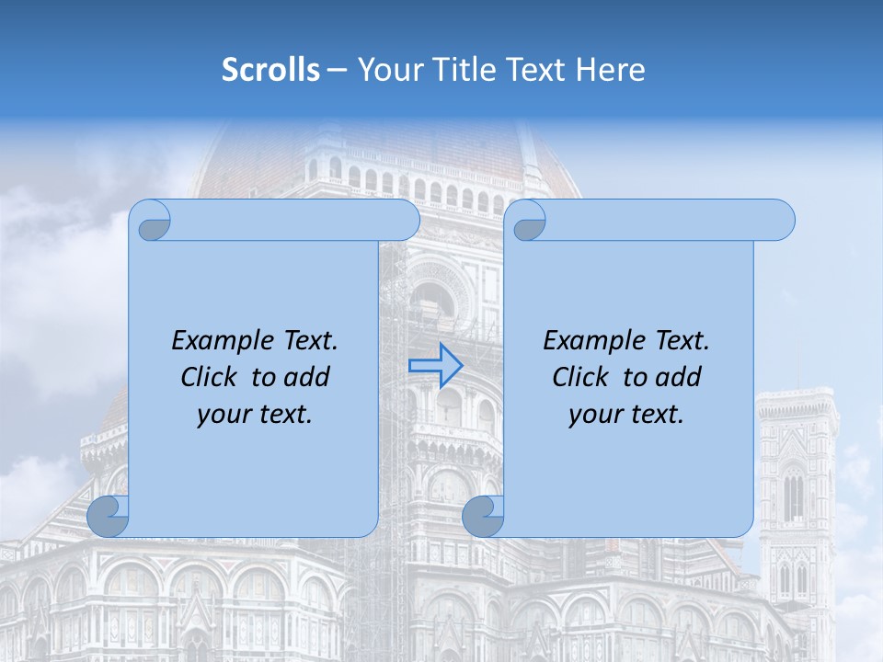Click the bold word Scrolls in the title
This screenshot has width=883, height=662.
tap(270, 69)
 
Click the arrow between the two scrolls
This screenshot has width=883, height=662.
tap(435, 366)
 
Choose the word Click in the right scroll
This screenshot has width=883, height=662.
tap(581, 377)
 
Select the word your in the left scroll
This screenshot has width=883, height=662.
tap(222, 415)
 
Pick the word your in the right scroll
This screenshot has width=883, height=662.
tap(593, 415)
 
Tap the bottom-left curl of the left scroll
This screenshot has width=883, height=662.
tap(109, 516)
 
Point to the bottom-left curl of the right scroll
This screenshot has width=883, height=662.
tap(483, 516)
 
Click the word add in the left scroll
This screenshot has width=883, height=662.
tap(306, 377)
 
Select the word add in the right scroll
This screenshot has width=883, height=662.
tap(678, 377)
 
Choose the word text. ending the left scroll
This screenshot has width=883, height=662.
tap(283, 415)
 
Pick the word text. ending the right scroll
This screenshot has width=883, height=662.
tap(655, 415)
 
